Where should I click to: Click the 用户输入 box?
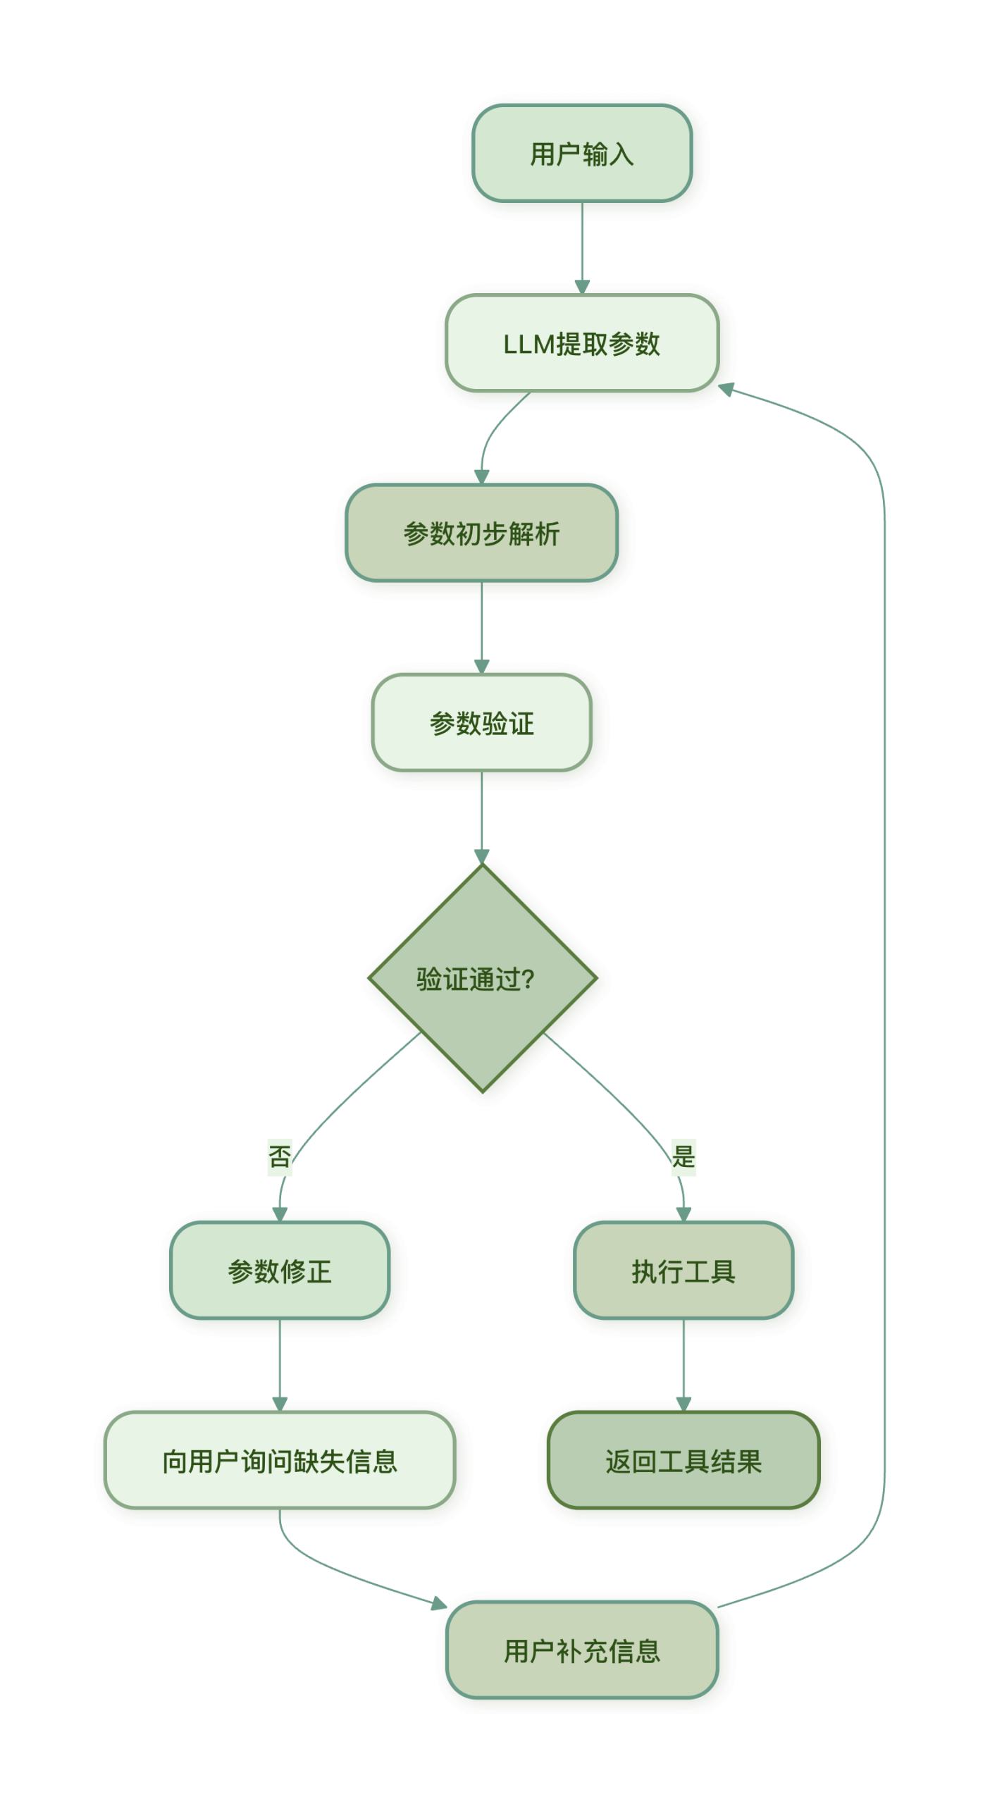[x=581, y=154]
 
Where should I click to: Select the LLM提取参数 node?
[x=581, y=344]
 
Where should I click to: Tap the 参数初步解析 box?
[x=481, y=533]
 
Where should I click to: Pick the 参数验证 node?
[x=481, y=723]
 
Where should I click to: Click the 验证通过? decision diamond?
[x=482, y=980]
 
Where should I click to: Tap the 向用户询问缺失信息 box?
[x=279, y=1462]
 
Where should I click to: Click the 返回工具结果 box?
[x=683, y=1462]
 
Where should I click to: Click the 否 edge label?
[x=279, y=1156]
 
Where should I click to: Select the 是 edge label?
[x=683, y=1156]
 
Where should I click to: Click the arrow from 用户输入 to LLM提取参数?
[x=581, y=247]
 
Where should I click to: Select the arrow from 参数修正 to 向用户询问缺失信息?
[x=279, y=1364]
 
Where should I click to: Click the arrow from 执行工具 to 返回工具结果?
[x=683, y=1364]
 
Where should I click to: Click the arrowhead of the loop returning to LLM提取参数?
[x=726, y=388]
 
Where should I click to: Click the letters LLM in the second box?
[x=529, y=345]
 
